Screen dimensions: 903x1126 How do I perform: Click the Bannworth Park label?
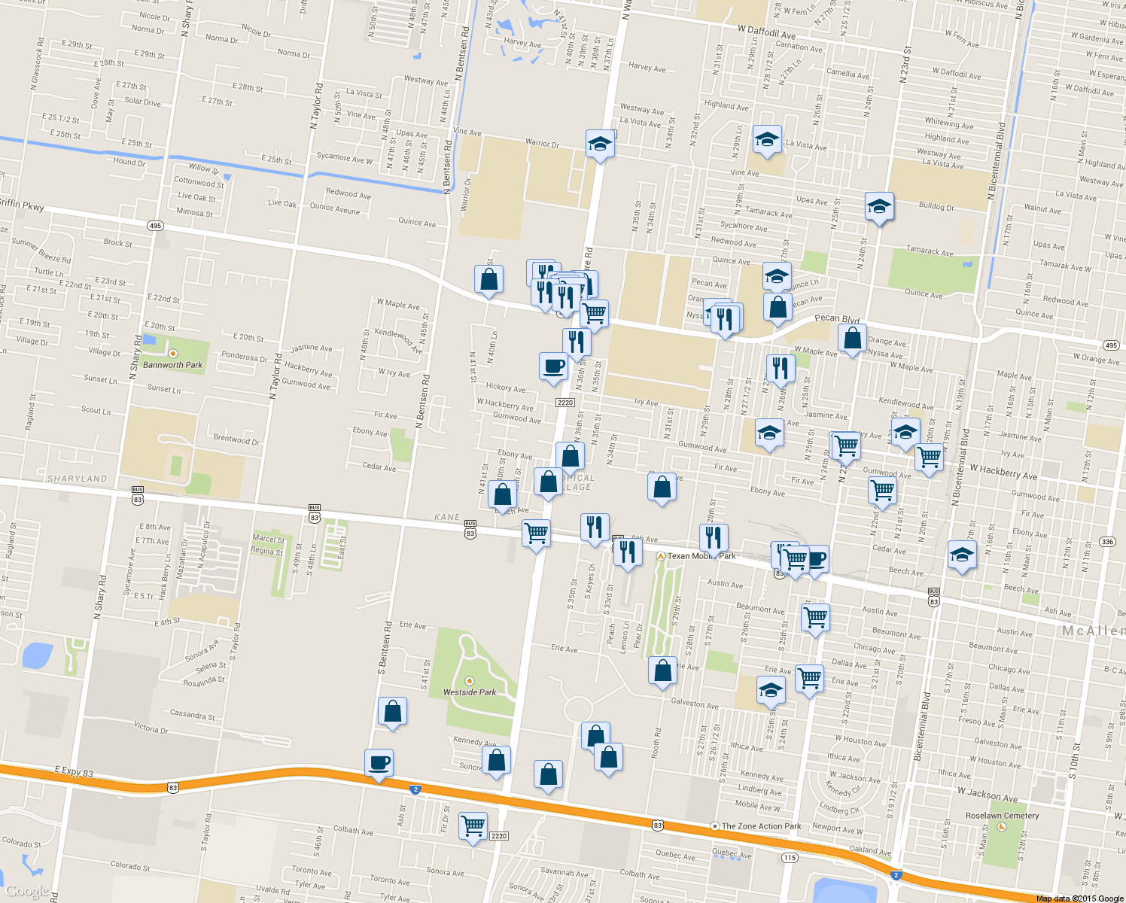[172, 365]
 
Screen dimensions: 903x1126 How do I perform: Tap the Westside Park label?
[470, 692]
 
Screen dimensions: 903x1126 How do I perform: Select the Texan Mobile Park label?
[701, 556]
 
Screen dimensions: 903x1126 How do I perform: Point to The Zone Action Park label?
[761, 826]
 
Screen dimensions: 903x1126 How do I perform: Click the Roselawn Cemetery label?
[1002, 816]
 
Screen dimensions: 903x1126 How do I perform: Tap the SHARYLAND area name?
[78, 479]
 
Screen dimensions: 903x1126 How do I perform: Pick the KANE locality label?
[447, 517]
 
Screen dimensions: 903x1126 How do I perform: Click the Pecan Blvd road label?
[837, 318]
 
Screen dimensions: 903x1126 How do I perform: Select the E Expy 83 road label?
[74, 772]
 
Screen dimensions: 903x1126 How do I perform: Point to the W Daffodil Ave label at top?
[766, 34]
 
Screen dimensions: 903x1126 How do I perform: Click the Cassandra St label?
[192, 714]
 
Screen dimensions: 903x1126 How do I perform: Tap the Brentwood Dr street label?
[236, 439]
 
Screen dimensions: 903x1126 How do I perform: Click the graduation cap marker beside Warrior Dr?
[600, 143]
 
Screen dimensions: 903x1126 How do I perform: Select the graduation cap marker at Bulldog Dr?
[878, 206]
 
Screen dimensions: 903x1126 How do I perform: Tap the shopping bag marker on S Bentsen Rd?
[392, 711]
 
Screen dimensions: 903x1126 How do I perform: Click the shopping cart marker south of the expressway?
[473, 826]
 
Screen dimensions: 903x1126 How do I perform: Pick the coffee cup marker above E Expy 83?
[379, 764]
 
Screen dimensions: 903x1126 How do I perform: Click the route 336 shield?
[1107, 542]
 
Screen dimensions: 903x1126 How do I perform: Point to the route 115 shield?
[789, 858]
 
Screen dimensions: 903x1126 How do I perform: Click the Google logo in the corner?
[27, 892]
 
